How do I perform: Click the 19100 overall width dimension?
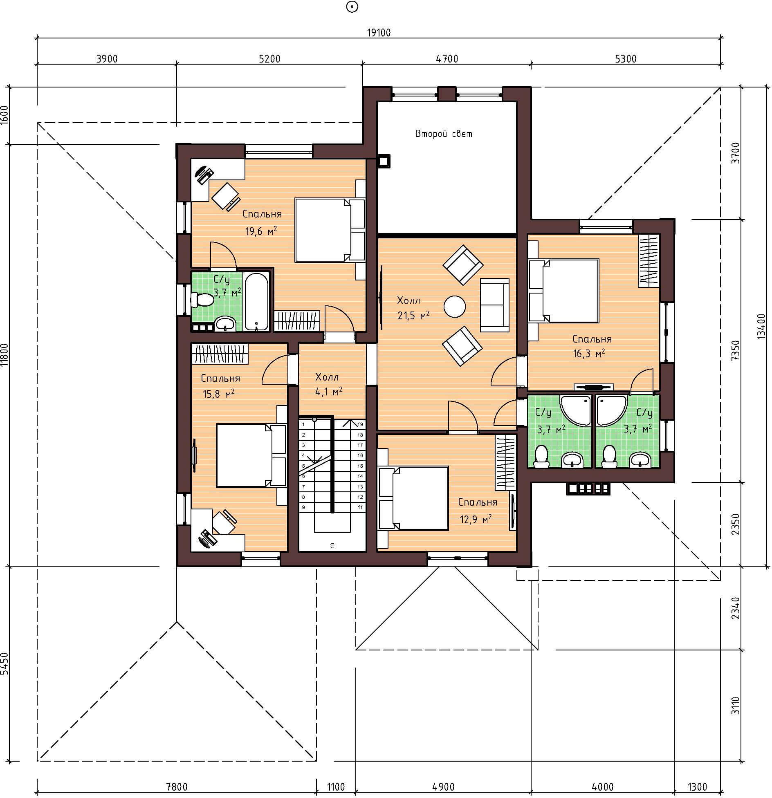click(379, 33)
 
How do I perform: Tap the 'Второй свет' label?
click(444, 134)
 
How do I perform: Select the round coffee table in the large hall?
click(455, 306)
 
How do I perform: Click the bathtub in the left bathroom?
click(256, 301)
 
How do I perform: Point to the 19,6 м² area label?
click(261, 231)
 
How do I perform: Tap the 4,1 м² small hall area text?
click(328, 392)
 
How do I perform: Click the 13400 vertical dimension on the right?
click(761, 326)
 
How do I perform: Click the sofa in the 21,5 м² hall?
click(494, 305)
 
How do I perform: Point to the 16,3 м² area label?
click(589, 353)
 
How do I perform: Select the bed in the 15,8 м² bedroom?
click(251, 455)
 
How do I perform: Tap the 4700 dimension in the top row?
click(447, 59)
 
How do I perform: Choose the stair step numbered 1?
click(303, 424)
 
